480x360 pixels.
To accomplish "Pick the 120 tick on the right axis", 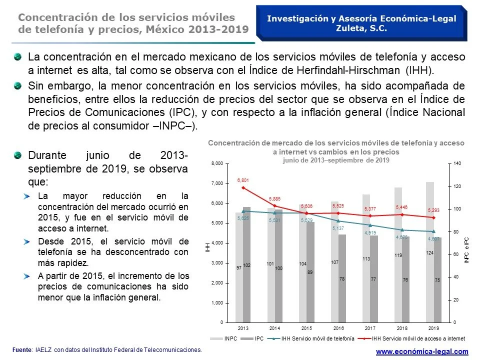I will coord(457,186).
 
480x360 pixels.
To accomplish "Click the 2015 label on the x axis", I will coord(306,328).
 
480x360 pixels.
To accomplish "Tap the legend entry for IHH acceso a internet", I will coord(420,338).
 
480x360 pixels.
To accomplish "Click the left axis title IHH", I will coord(208,245).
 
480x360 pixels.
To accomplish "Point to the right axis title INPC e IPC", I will coord(466,250).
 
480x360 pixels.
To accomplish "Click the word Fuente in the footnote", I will coord(21,350).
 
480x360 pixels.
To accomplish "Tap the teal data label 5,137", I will coord(338,228).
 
